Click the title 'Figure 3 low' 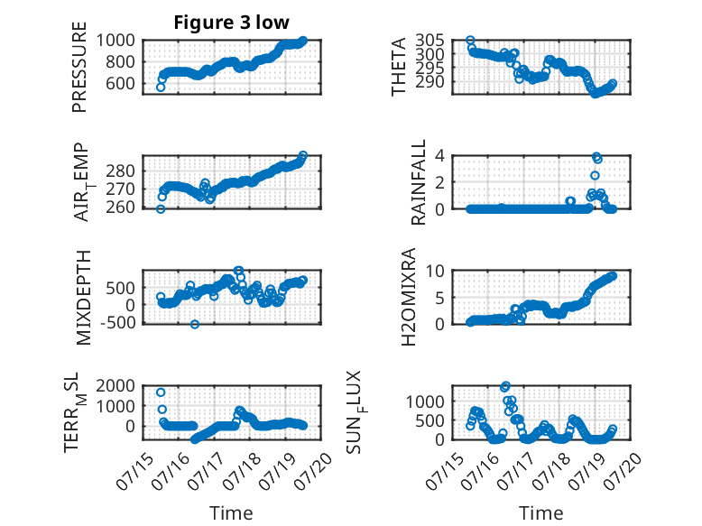click(232, 23)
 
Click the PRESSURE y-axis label click(79, 67)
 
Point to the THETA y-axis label click(398, 67)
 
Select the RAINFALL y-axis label click(418, 182)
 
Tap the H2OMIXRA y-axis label click(409, 297)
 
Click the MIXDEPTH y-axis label click(83, 298)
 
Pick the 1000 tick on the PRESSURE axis click(115, 41)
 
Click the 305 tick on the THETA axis click(430, 41)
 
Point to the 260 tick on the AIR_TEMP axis click(120, 208)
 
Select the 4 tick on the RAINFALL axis click(439, 156)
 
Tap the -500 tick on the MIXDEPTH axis click(117, 322)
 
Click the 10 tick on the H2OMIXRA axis click(435, 271)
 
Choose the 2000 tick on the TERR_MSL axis click(115, 385)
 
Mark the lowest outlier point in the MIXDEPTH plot click(195, 324)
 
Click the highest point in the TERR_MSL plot click(161, 392)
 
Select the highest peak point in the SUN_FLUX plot click(505, 386)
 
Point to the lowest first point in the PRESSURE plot click(161, 88)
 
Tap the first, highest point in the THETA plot click(470, 41)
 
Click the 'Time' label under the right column click(540, 513)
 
